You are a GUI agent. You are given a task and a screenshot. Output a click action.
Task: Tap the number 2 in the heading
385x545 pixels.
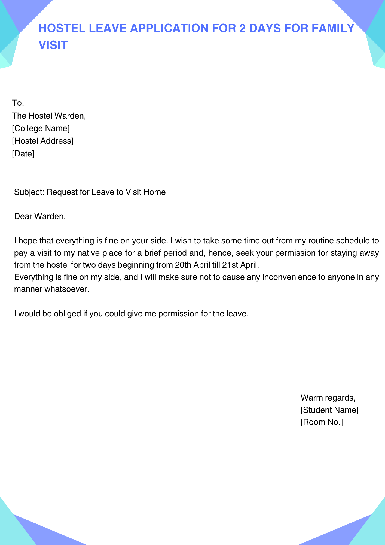click(x=242, y=28)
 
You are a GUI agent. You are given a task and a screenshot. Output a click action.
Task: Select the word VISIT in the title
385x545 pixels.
click(x=53, y=45)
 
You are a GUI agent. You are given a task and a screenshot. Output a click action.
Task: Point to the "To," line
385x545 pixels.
click(x=18, y=103)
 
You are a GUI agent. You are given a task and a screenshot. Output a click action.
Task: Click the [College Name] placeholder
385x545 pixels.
click(x=41, y=128)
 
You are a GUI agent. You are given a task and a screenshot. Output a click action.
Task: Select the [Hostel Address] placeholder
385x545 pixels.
click(x=43, y=141)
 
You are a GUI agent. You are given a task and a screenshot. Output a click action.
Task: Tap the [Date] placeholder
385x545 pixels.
click(x=23, y=154)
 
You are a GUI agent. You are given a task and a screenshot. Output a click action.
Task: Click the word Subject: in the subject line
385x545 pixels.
click(x=29, y=192)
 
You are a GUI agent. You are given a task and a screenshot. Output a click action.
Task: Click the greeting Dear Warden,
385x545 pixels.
click(x=40, y=217)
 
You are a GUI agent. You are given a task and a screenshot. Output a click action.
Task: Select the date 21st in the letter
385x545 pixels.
click(x=230, y=265)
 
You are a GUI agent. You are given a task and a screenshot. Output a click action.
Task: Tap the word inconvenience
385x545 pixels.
click(x=289, y=277)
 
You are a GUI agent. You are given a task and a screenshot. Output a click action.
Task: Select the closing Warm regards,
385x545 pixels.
click(x=328, y=398)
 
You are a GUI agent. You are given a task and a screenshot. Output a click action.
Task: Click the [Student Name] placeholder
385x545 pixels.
click(x=329, y=410)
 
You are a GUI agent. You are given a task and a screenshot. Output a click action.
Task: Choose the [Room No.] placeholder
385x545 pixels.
click(x=322, y=422)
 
